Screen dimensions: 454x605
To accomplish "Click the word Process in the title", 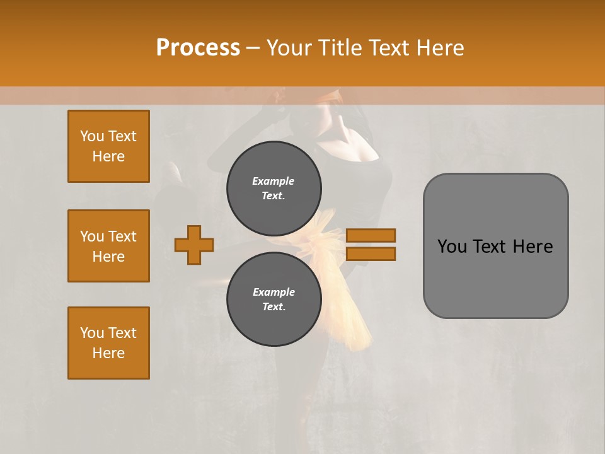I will point(198,48).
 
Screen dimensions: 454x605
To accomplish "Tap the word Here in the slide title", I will point(439,48).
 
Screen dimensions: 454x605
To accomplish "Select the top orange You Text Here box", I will point(108,146).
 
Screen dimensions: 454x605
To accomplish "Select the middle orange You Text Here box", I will point(108,246).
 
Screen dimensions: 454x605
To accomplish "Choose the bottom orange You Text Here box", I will point(108,343).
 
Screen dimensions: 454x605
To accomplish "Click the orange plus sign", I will point(194,245).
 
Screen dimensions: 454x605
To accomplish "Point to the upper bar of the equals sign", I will point(371,235).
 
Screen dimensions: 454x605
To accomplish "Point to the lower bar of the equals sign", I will point(371,254).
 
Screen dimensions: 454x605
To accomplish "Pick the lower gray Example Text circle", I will point(274,300).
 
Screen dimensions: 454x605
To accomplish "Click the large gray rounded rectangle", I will point(495,277).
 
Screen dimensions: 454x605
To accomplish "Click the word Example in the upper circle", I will point(274,181).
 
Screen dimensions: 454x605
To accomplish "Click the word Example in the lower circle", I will point(274,292).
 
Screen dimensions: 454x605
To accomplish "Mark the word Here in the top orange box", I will point(108,156).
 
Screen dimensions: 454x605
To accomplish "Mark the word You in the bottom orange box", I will point(92,333).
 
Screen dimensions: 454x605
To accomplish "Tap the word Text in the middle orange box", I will point(122,236).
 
